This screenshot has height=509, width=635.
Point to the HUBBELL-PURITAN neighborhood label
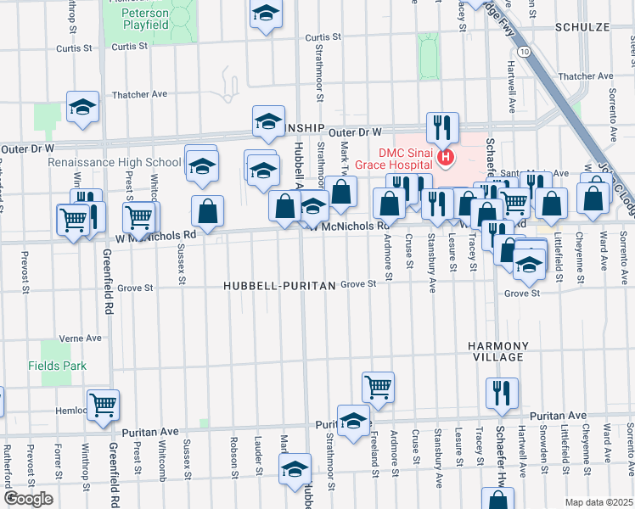pyautogui.click(x=279, y=287)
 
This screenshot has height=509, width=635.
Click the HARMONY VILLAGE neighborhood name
pyautogui.click(x=498, y=352)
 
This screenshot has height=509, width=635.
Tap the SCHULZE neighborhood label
pyautogui.click(x=582, y=27)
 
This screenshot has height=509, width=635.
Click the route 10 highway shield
pyautogui.click(x=526, y=53)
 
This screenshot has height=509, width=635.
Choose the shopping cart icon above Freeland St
pyautogui.click(x=378, y=386)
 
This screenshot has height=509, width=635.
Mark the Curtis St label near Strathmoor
pyautogui.click(x=323, y=37)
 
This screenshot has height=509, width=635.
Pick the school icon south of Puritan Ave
pyautogui.click(x=295, y=468)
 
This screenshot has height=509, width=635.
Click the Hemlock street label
pyautogui.click(x=70, y=410)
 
